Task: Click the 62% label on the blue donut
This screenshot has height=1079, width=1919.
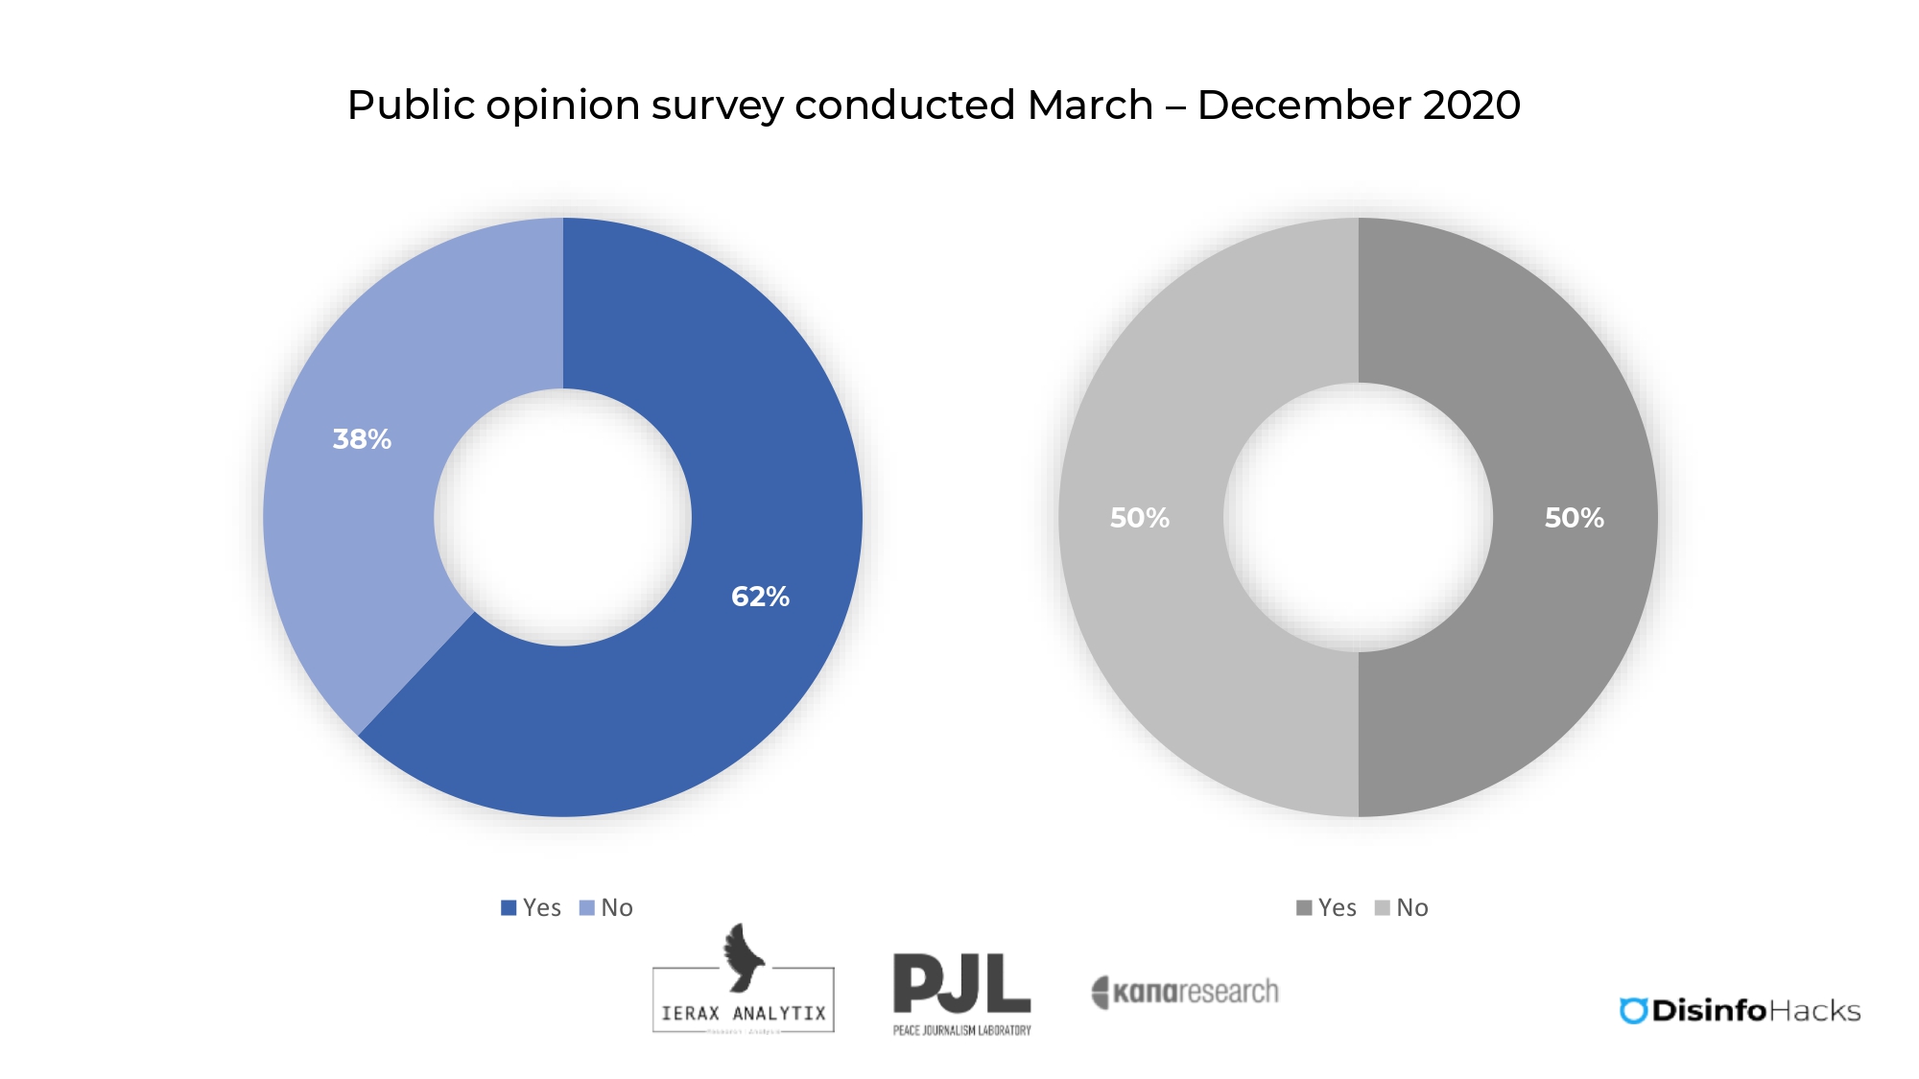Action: pos(760,597)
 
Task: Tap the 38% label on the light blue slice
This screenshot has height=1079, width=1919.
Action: pos(362,439)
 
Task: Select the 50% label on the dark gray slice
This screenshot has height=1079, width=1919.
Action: pos(1574,518)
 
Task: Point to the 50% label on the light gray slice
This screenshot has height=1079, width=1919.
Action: pos(1139,518)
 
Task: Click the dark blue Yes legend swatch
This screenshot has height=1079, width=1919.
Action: pos(509,907)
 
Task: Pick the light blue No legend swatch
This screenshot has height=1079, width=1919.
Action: pos(587,907)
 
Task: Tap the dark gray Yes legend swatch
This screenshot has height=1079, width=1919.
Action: pos(1304,907)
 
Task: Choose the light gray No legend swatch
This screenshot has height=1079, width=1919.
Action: pos(1383,907)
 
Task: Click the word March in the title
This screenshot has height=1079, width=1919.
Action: pos(1090,106)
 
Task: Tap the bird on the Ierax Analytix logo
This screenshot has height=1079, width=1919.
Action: pos(743,956)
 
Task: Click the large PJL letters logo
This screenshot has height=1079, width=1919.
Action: pos(961,983)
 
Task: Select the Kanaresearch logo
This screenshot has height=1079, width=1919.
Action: pos(1185,992)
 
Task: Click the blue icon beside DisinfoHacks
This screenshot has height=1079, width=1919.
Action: pos(1633,1011)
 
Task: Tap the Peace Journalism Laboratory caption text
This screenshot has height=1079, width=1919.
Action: pos(961,1030)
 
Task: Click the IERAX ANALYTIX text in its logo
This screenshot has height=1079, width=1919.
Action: pos(744,1013)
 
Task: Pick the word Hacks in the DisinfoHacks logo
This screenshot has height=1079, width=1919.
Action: pos(1814,1011)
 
